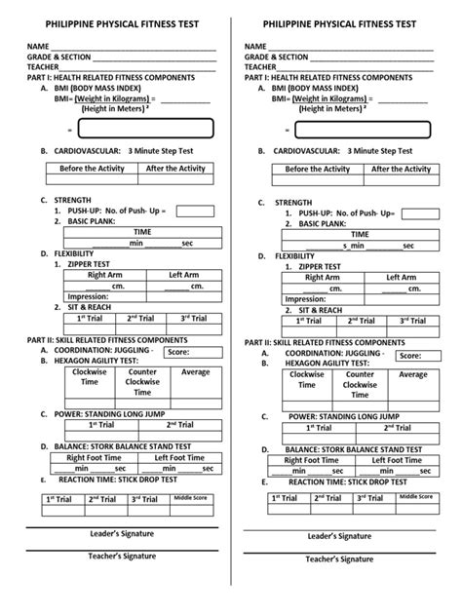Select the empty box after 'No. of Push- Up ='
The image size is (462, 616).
(195, 212)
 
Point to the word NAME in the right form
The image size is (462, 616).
(255, 47)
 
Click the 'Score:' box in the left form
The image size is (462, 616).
(187, 352)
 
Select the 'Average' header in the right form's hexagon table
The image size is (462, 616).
(413, 374)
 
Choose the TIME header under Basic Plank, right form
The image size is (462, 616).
(360, 234)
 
